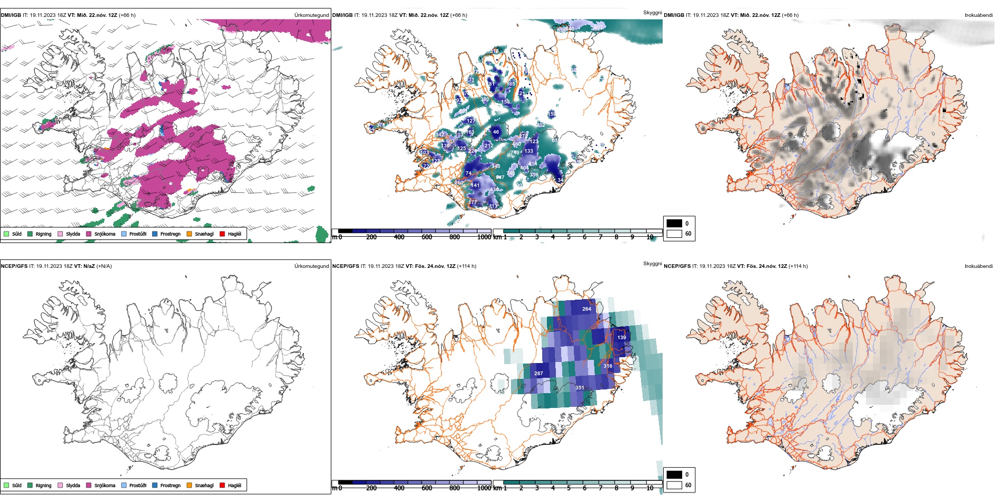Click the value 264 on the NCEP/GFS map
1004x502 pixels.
tap(587, 309)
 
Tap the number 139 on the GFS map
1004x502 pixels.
tap(621, 338)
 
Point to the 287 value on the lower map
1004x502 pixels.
tap(538, 374)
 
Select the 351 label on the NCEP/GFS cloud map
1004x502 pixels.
tap(580, 388)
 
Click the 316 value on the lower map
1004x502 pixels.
tap(608, 366)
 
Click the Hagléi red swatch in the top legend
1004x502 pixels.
tap(222, 234)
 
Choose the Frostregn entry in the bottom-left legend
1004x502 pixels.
tap(166, 485)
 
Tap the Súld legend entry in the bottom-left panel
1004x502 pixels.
tap(13, 485)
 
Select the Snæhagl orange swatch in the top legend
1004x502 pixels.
tap(189, 234)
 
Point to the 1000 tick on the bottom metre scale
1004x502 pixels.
tap(484, 488)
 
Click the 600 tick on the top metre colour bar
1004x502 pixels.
tap(427, 237)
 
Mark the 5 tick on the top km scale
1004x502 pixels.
tap(569, 237)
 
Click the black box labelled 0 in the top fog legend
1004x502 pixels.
tap(674, 224)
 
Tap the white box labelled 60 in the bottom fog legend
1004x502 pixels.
tap(674, 485)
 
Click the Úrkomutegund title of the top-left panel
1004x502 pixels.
tap(311, 15)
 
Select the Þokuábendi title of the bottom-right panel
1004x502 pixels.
tap(979, 266)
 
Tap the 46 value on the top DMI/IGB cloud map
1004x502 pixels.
tap(496, 132)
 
